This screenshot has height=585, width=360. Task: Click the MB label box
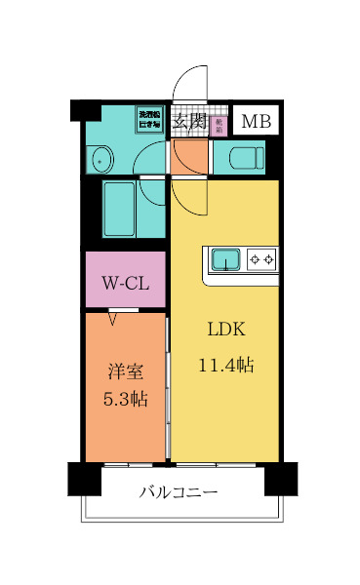click(x=257, y=122)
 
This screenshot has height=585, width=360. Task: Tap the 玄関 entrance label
click(x=189, y=122)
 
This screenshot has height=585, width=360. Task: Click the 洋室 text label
click(x=125, y=371)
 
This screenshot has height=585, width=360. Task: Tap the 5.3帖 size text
click(x=125, y=399)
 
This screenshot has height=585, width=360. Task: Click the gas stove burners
click(x=261, y=259)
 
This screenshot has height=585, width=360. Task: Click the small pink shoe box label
click(x=220, y=124)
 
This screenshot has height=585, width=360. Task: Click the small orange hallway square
click(x=188, y=156)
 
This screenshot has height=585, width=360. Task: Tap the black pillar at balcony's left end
click(x=83, y=479)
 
